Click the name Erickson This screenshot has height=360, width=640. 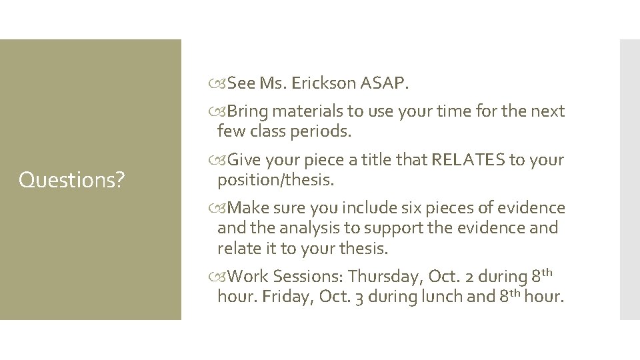pyautogui.click(x=323, y=84)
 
